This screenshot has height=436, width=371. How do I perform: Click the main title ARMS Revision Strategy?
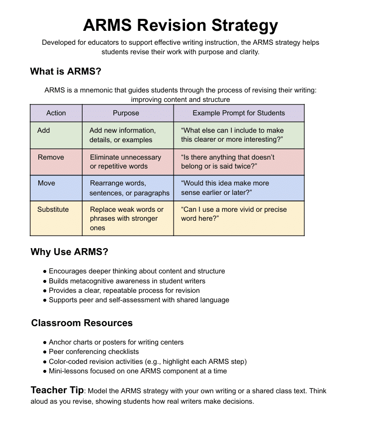tap(181, 25)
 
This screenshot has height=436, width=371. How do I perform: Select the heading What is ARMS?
tap(66, 71)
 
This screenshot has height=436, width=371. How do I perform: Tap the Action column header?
tap(56, 113)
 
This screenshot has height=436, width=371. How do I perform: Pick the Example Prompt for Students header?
tap(239, 113)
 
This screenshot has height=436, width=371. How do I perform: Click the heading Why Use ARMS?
tap(69, 252)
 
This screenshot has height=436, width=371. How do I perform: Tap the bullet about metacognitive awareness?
tap(127, 281)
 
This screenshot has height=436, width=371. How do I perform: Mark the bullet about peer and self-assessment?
tap(139, 300)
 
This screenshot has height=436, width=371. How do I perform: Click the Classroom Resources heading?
tap(82, 323)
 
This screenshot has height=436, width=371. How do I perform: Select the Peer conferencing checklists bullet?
tap(93, 351)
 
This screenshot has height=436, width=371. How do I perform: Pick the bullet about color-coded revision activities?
tap(147, 361)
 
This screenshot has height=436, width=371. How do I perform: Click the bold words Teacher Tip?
tap(57, 390)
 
